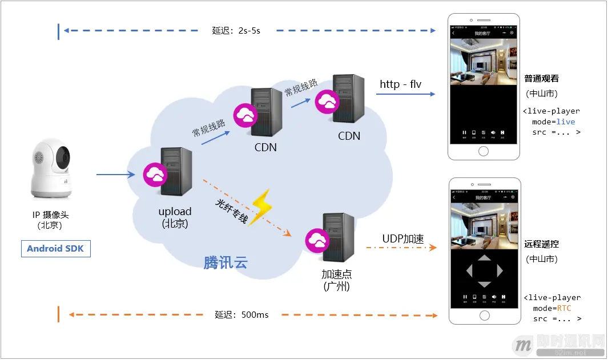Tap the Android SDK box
click(56, 249)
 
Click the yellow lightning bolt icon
click(261, 208)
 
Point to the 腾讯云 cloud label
click(226, 262)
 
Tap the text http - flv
click(400, 84)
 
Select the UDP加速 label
click(402, 238)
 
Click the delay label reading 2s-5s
click(236, 31)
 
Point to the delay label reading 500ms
click(241, 315)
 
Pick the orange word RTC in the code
click(563, 308)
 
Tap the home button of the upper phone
click(484, 151)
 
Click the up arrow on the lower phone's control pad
click(484, 258)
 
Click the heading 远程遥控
click(541, 244)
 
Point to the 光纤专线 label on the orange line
click(232, 211)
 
